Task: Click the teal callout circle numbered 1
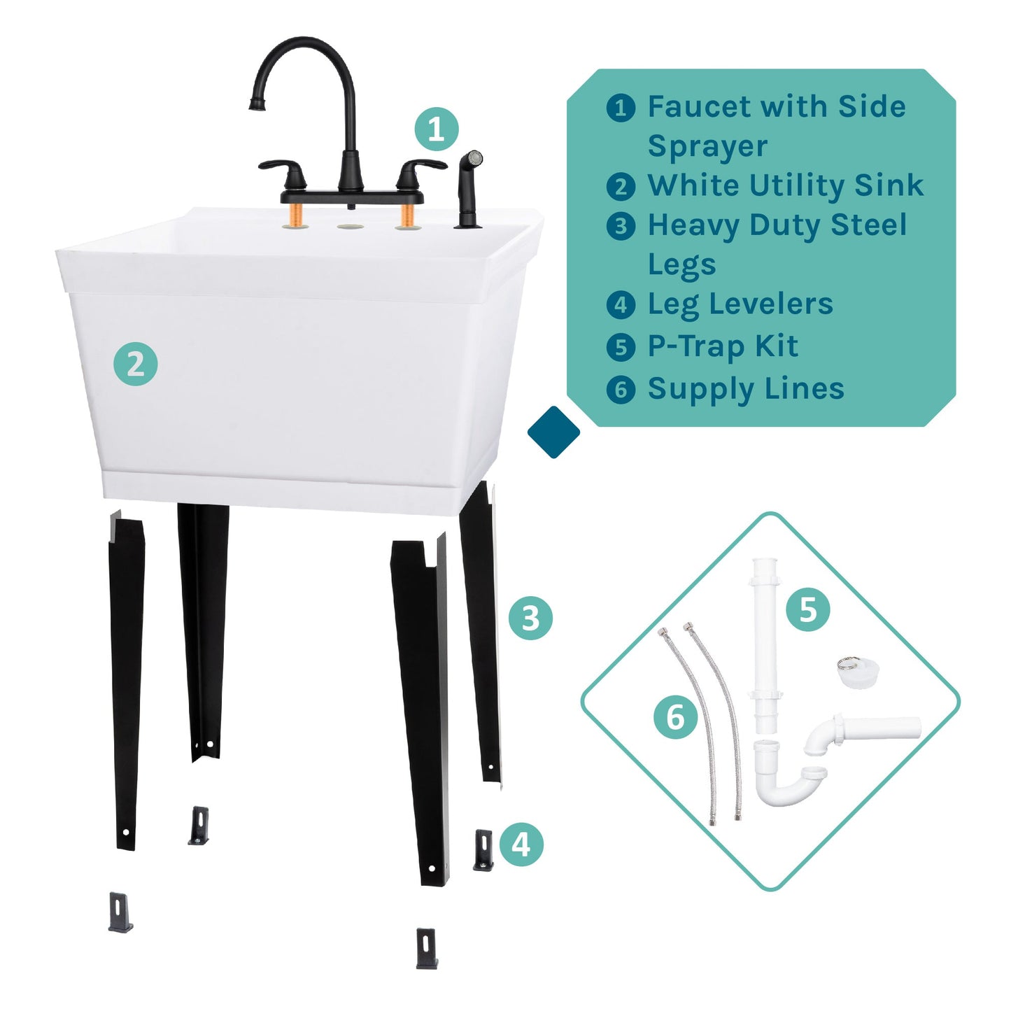click(436, 129)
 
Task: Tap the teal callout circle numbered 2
click(136, 364)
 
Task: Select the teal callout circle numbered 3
click(530, 618)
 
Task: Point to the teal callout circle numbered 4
click(521, 844)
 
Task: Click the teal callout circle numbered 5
click(807, 609)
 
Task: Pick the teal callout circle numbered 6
click(675, 717)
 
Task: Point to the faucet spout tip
click(257, 105)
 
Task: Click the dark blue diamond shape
click(553, 432)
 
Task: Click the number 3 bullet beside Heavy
click(621, 227)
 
